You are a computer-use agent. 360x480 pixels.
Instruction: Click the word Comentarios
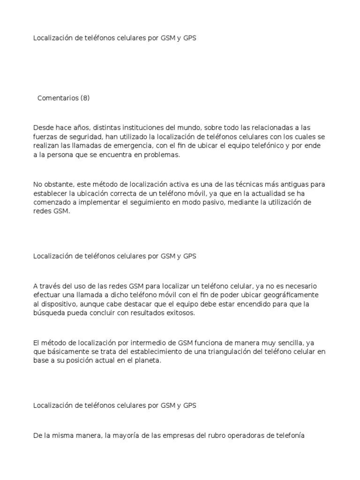(58, 98)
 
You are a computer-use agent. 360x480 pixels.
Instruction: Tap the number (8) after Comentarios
(85, 98)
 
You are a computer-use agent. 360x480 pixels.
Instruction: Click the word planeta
(149, 361)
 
